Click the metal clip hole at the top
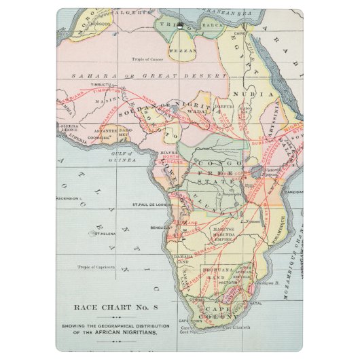pyautogui.click(x=180, y=27)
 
